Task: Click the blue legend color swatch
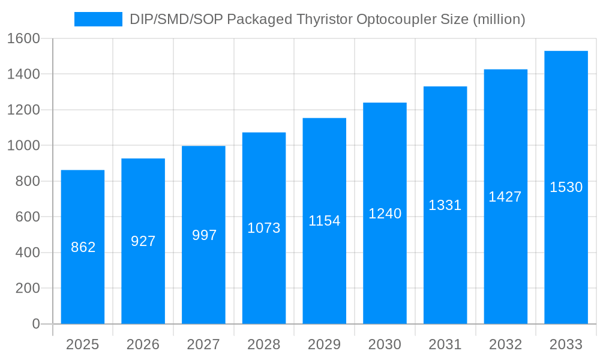pyautogui.click(x=98, y=19)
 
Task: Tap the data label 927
pyautogui.click(x=143, y=241)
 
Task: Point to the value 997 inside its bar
pyautogui.click(x=204, y=235)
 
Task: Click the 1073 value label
pyautogui.click(x=264, y=228)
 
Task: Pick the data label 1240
pyautogui.click(x=385, y=214)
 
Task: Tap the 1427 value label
pyautogui.click(x=505, y=197)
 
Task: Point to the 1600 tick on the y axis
pyautogui.click(x=23, y=38)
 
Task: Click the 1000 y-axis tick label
pyautogui.click(x=23, y=146)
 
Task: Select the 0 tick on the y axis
pyautogui.click(x=35, y=324)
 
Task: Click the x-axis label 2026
pyautogui.click(x=143, y=344)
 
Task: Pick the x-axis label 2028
pyautogui.click(x=264, y=344)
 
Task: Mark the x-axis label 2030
pyautogui.click(x=385, y=344)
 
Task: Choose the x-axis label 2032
pyautogui.click(x=505, y=344)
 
